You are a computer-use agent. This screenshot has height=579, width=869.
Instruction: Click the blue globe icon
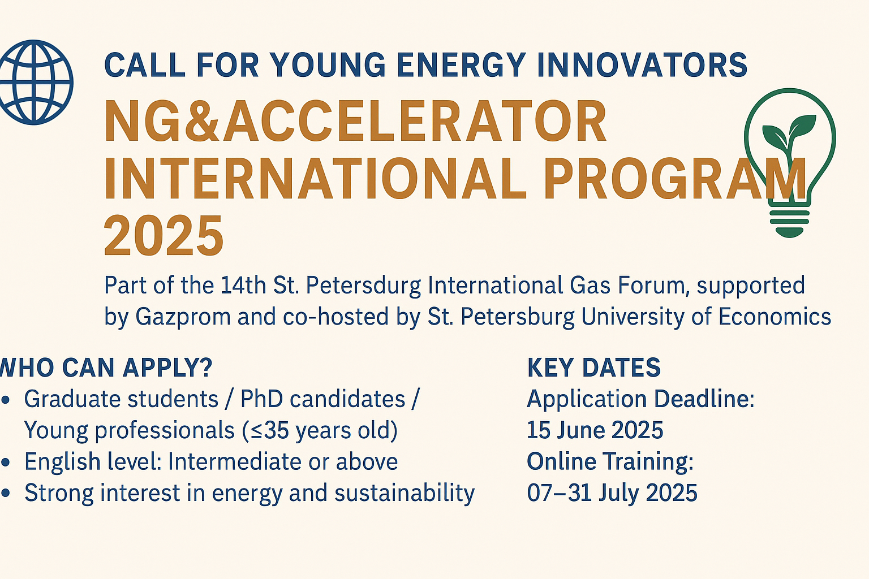pyautogui.click(x=34, y=82)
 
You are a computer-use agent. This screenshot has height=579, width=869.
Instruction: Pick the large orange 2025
pyautogui.click(x=164, y=235)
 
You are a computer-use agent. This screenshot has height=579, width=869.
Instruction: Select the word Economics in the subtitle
pyautogui.click(x=775, y=316)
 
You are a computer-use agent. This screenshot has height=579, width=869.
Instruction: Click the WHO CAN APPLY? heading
pyautogui.click(x=106, y=368)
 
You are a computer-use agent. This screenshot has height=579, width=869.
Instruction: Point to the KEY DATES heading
pyautogui.click(x=593, y=368)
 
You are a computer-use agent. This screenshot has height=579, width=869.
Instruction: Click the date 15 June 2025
pyautogui.click(x=595, y=430)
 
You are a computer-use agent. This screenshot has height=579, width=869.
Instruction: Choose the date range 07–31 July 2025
pyautogui.click(x=612, y=492)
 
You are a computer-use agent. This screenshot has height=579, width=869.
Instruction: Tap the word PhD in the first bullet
pyautogui.click(x=261, y=399)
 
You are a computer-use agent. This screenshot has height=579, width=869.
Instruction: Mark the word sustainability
pyautogui.click(x=405, y=493)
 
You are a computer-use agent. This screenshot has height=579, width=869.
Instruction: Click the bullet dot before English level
pyautogui.click(x=6, y=463)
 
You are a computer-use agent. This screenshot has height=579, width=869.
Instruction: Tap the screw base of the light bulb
pyautogui.click(x=789, y=223)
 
